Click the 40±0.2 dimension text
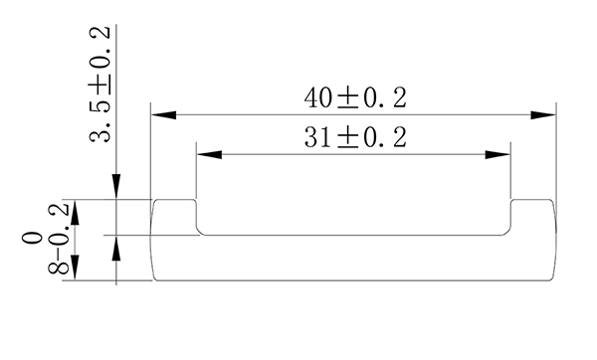pyautogui.click(x=355, y=98)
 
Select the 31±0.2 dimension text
pyautogui.click(x=355, y=138)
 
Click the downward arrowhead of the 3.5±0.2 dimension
pyautogui.click(x=116, y=188)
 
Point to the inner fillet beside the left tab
pyautogui.click(x=199, y=231)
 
